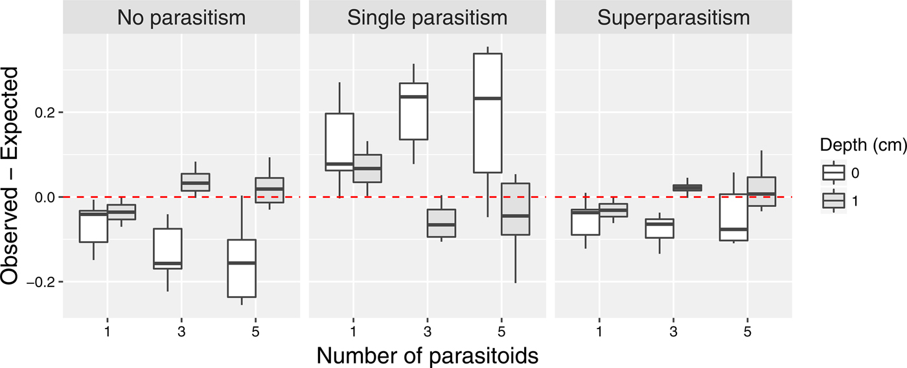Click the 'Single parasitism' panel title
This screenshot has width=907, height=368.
pos(427,17)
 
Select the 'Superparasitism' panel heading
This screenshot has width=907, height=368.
pos(674,17)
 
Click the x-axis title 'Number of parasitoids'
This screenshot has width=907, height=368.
pos(427,354)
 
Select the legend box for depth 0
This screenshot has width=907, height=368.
pos(833,173)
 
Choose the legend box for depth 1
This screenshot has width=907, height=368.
pos(833,201)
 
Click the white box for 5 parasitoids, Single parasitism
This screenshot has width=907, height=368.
pos(488,113)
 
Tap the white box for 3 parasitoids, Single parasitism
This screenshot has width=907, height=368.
pos(413,111)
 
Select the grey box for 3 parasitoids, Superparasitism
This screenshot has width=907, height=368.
pos(687,188)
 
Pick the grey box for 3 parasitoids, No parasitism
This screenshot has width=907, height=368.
pos(195,182)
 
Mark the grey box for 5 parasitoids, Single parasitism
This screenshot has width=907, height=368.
pos(516,209)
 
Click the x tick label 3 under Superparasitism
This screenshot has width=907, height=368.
pos(674,330)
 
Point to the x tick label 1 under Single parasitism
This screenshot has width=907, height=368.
pos(353,330)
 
